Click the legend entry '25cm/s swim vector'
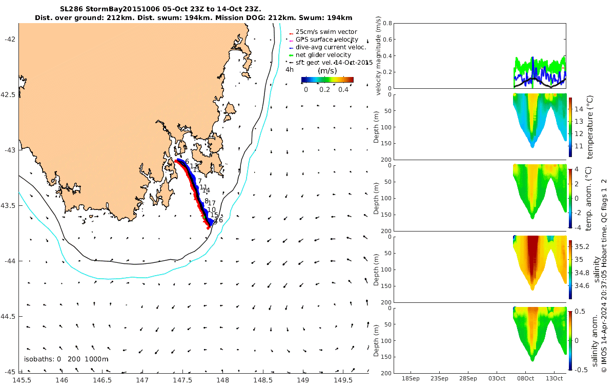click(326, 32)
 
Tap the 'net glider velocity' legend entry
click(323, 55)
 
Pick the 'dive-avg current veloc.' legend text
click(331, 47)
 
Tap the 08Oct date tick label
click(525, 378)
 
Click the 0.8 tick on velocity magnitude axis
click(387, 24)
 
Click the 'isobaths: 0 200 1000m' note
click(66, 359)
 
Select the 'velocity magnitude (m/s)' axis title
click(379, 56)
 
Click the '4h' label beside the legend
click(290, 69)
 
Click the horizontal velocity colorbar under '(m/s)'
click(327, 80)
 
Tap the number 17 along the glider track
click(212, 203)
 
